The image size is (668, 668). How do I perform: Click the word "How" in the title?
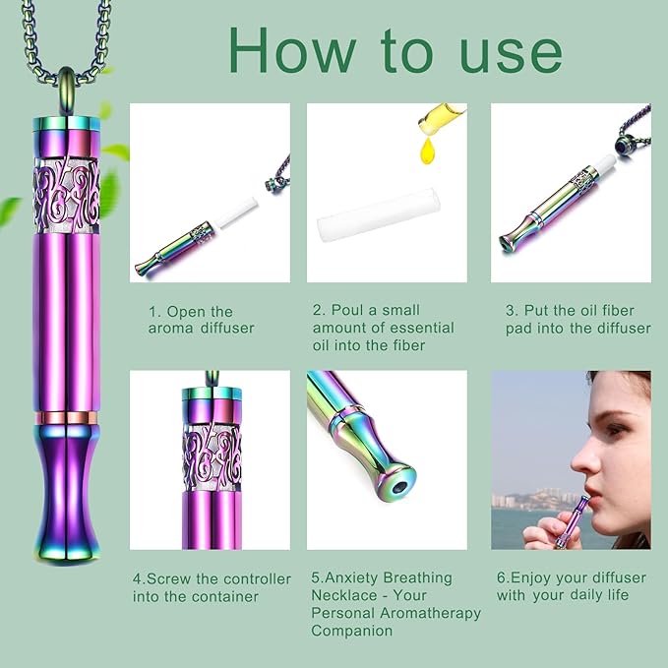point(286,50)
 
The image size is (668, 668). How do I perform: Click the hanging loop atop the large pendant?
point(66,86)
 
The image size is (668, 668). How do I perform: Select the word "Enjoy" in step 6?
point(537,578)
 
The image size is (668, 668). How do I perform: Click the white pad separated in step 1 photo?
point(232,207)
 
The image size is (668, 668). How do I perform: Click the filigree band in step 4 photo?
point(212,448)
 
